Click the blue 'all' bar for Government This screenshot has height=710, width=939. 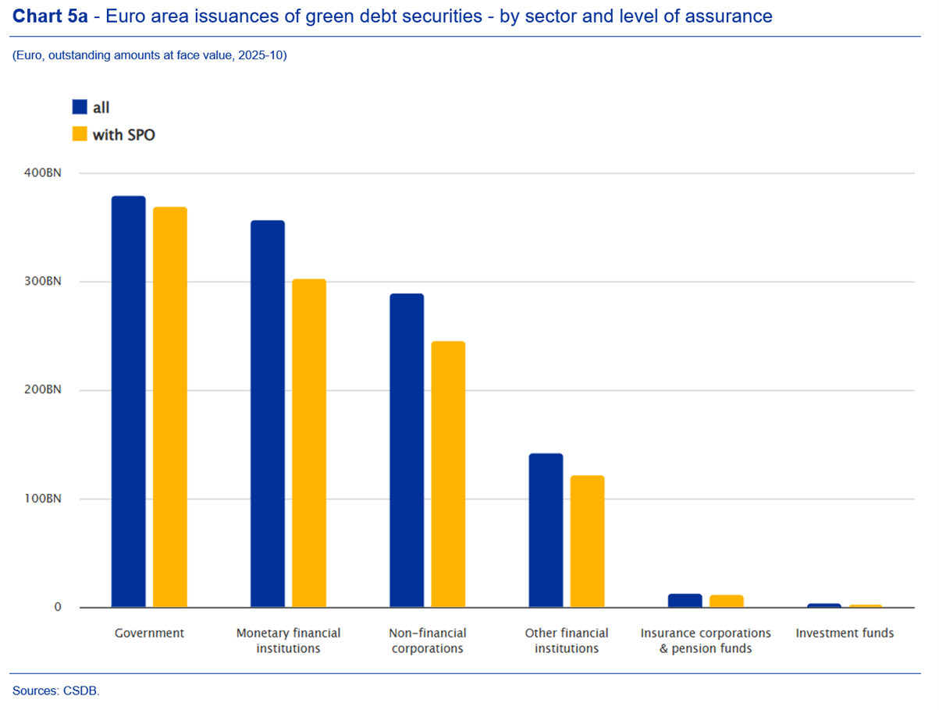click(128, 401)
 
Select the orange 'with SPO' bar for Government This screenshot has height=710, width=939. click(169, 406)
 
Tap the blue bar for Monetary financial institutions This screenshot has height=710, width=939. click(267, 414)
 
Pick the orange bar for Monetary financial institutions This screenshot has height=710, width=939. click(309, 442)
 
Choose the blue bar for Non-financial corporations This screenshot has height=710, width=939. click(407, 450)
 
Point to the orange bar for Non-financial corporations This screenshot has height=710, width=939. click(448, 474)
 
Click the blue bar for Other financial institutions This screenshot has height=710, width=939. click(546, 530)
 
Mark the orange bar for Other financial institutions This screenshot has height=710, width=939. click(587, 541)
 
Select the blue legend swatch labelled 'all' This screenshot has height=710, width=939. click(80, 108)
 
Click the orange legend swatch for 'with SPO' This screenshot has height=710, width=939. click(80, 134)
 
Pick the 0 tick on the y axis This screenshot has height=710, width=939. click(58, 607)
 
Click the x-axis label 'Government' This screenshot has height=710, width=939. click(149, 633)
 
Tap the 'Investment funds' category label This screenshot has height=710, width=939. click(845, 633)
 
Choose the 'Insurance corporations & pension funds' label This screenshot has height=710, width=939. click(706, 641)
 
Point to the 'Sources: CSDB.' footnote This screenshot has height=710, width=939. click(56, 690)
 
